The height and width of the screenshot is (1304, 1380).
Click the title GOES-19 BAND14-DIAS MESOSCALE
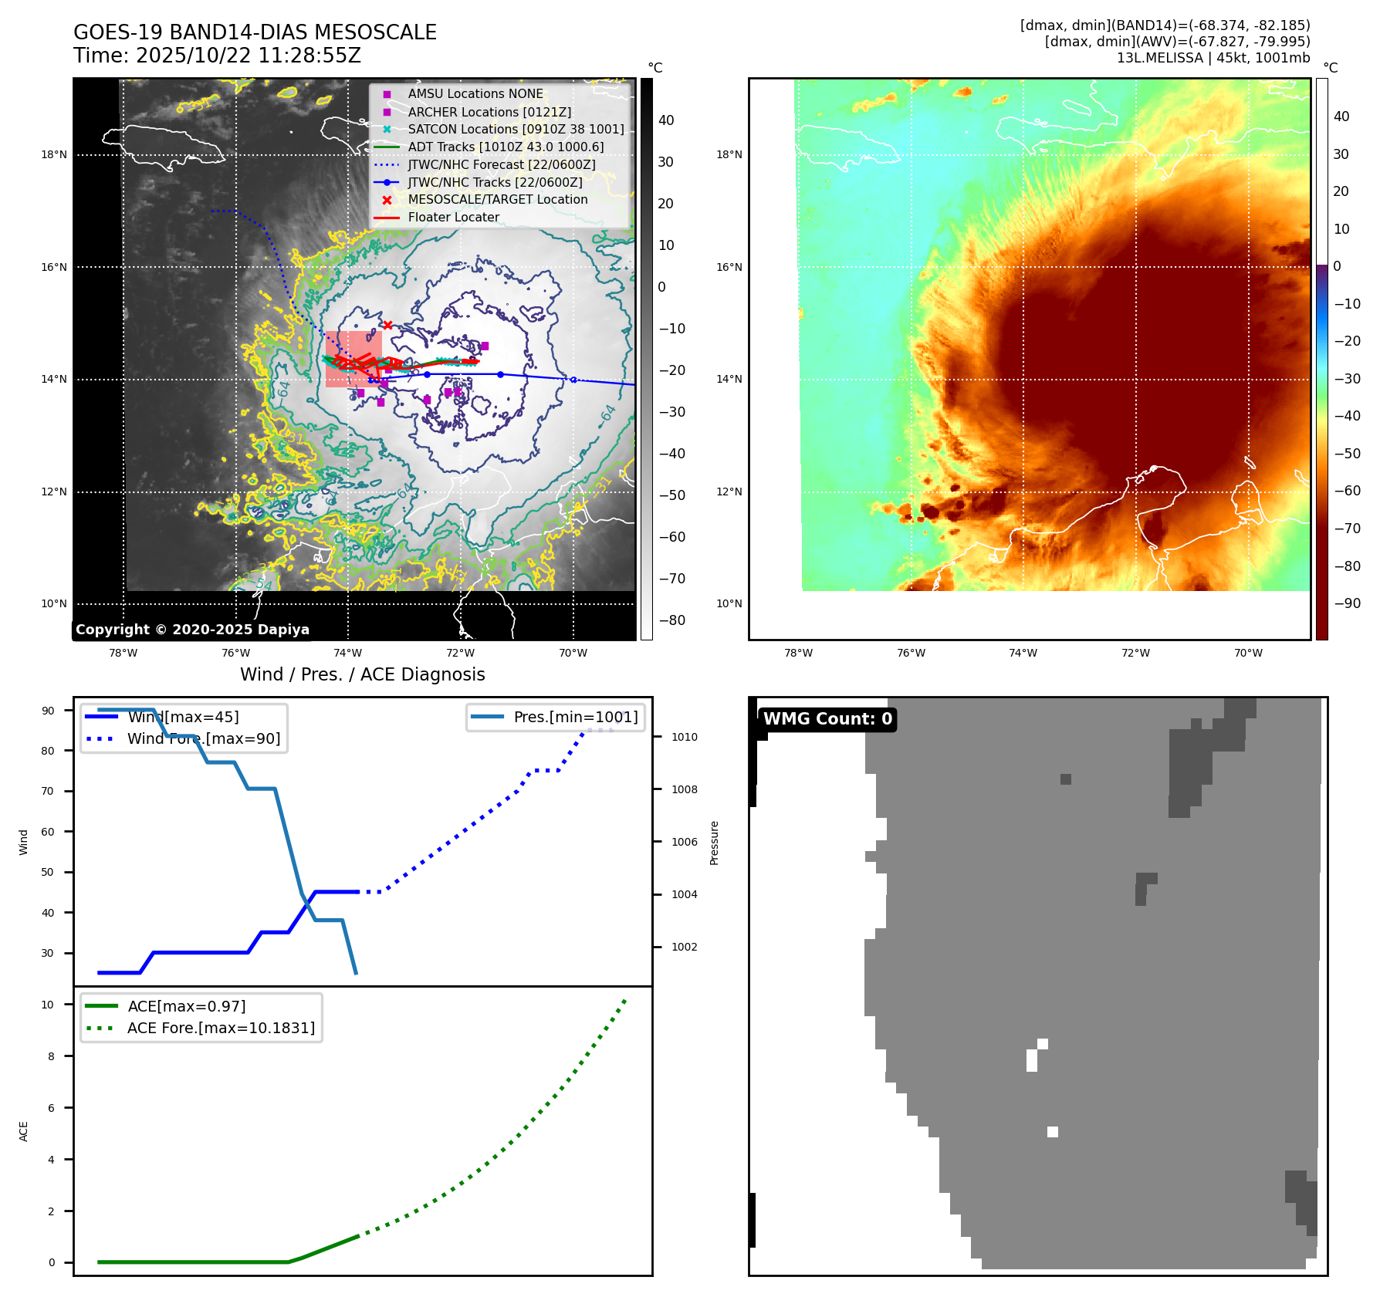tap(255, 32)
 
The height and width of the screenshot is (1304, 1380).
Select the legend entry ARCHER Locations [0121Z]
tap(489, 112)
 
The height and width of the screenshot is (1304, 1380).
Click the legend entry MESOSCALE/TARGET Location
tap(497, 199)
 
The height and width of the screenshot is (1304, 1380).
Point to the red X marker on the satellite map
tap(387, 325)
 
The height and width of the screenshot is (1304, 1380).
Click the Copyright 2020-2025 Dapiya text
tap(192, 630)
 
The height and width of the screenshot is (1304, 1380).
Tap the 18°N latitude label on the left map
tap(54, 154)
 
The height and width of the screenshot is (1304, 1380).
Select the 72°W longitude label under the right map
tap(1135, 653)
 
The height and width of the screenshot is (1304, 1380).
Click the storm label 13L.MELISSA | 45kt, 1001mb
tap(1213, 58)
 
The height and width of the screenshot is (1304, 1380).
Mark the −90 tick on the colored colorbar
tap(1347, 603)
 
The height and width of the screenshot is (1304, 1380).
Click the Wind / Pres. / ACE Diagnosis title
tap(363, 674)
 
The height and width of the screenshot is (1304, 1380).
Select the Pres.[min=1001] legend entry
tap(576, 717)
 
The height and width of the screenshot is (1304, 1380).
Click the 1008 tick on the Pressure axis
tap(684, 789)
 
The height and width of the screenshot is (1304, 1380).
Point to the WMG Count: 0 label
tap(827, 719)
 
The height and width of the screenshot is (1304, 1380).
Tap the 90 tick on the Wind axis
tap(48, 711)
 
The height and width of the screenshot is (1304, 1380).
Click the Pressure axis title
tap(715, 843)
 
